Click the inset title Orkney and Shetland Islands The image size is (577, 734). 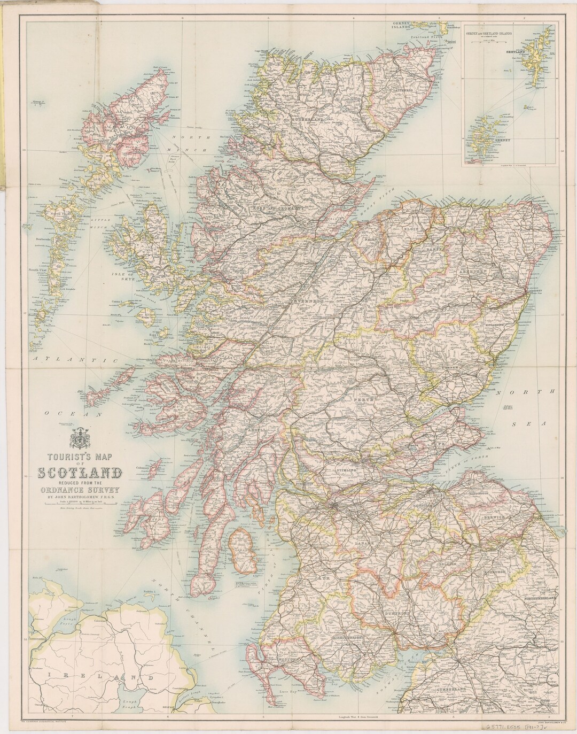(x=490, y=33)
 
